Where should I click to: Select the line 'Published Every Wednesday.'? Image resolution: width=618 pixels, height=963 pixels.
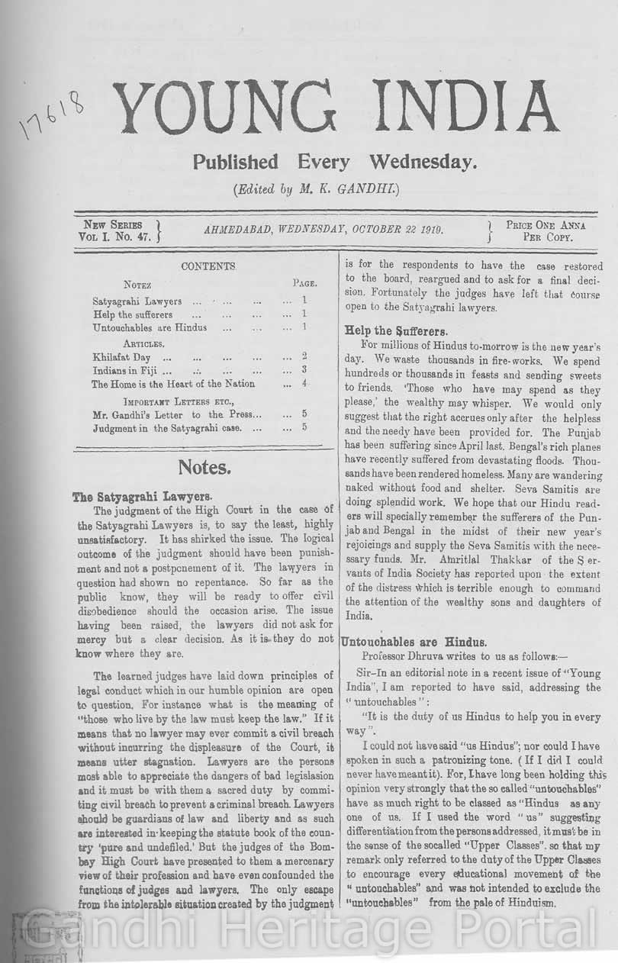(x=334, y=162)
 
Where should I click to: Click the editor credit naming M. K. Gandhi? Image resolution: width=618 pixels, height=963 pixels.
(x=316, y=188)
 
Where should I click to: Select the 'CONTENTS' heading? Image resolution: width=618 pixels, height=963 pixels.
(x=208, y=266)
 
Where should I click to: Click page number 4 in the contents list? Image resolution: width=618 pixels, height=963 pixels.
(x=304, y=384)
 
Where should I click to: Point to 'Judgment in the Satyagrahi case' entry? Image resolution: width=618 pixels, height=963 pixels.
(x=166, y=428)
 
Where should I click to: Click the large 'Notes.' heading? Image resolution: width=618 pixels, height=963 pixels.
(x=204, y=467)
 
